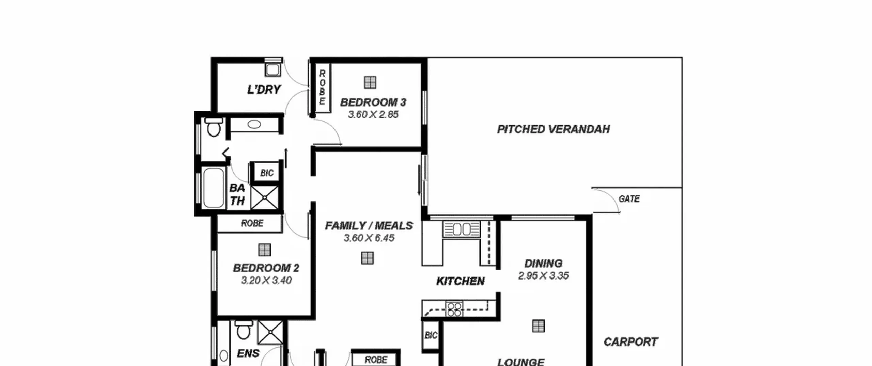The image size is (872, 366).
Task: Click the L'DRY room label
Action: pyautogui.click(x=264, y=90)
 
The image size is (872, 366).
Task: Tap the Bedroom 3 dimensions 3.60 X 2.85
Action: pyautogui.click(x=373, y=115)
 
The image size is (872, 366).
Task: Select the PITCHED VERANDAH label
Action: pyautogui.click(x=554, y=129)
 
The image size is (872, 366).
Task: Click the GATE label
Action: pyautogui.click(x=629, y=199)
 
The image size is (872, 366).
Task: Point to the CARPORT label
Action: pyautogui.click(x=631, y=342)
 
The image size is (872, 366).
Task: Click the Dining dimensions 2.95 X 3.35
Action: pyautogui.click(x=543, y=275)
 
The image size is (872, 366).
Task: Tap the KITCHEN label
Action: pyautogui.click(x=461, y=281)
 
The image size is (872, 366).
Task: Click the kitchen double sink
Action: pyautogui.click(x=462, y=229)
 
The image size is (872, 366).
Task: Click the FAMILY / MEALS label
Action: pyautogui.click(x=369, y=226)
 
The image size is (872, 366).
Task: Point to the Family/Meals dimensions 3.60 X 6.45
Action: pyautogui.click(x=369, y=238)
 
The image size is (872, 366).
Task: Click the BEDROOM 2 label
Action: pyautogui.click(x=266, y=268)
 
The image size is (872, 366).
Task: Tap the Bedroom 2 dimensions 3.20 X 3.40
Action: pyautogui.click(x=266, y=281)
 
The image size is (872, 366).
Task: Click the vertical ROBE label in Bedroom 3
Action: pyautogui.click(x=322, y=87)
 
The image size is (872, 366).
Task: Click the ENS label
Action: pyautogui.click(x=248, y=354)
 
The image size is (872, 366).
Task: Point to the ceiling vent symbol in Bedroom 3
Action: pyautogui.click(x=370, y=82)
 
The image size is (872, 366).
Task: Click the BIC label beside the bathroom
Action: pyautogui.click(x=267, y=173)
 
